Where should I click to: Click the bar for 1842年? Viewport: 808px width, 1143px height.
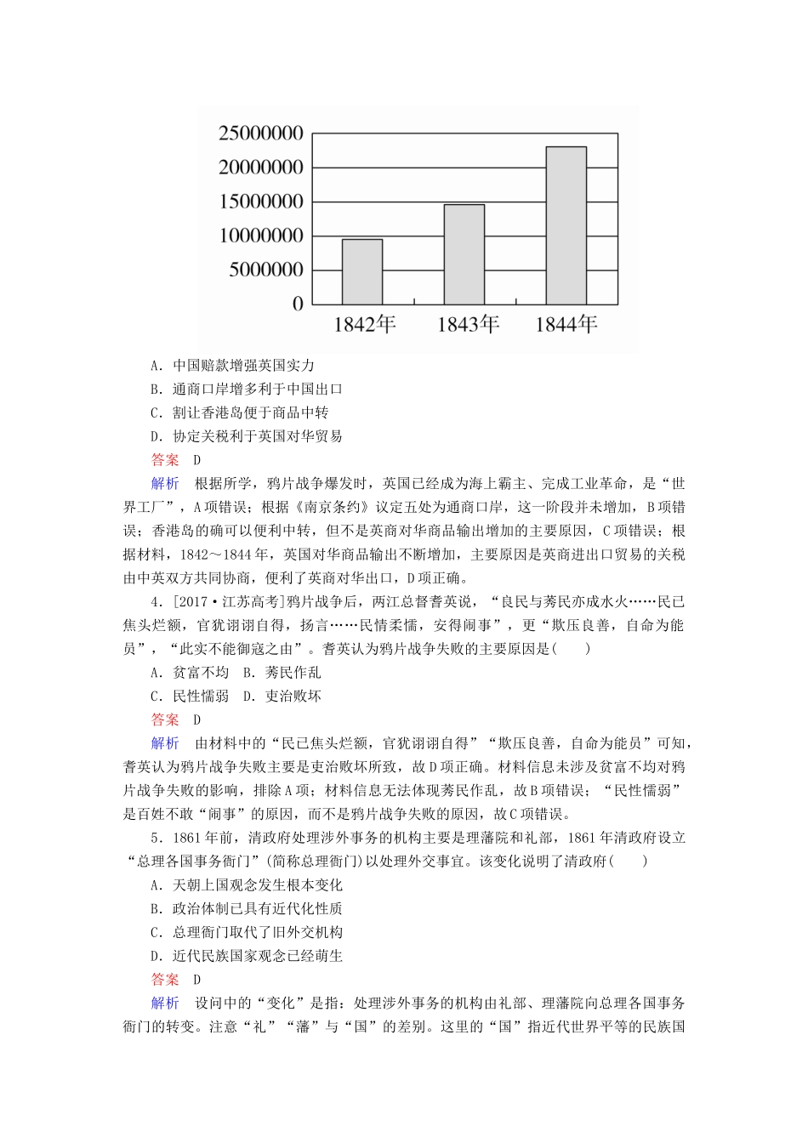point(361,271)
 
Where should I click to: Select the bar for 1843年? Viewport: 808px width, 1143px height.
point(464,254)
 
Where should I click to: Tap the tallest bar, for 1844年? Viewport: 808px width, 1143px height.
point(566,225)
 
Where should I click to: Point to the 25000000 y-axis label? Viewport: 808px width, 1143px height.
point(261,134)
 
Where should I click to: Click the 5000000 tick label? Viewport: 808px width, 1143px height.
point(265,270)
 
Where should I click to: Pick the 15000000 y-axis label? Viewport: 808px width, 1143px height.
point(261,202)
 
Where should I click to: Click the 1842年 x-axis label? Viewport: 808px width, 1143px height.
point(364,324)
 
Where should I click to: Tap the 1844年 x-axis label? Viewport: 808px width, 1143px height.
point(566,324)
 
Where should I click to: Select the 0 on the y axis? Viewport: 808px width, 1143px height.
point(298,304)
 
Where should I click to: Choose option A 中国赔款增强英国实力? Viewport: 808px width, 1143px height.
point(232,366)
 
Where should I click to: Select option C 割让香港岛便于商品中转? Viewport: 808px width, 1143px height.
point(239,413)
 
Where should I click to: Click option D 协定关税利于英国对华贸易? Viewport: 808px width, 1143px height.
point(246,437)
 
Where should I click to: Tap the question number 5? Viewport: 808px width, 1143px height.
point(156,838)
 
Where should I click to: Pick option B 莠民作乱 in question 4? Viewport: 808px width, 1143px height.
point(282,673)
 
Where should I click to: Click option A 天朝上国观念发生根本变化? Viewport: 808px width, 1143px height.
point(246,885)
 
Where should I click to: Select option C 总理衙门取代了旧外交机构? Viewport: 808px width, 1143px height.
point(246,933)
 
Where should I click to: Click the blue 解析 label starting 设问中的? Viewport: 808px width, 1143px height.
point(165,1004)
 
